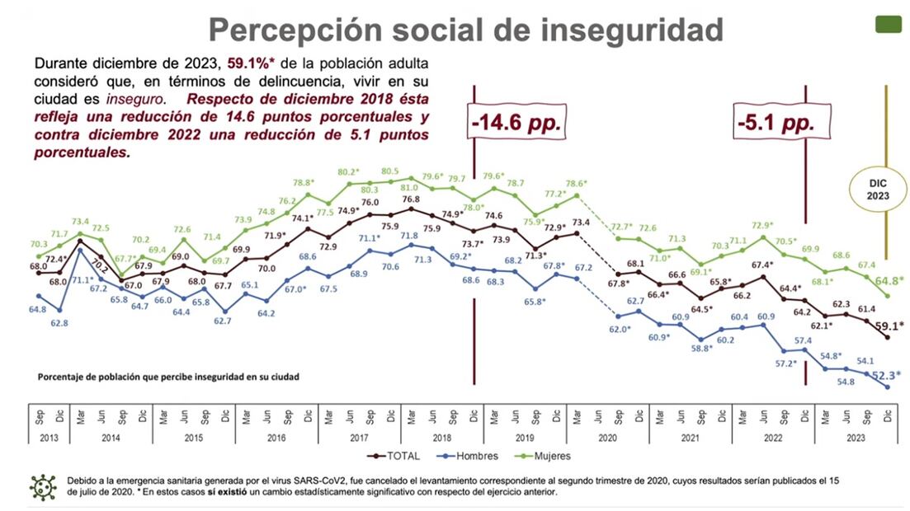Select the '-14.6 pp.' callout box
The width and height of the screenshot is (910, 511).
pyautogui.click(x=516, y=124)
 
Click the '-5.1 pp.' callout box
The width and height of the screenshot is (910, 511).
pyautogui.click(x=776, y=124)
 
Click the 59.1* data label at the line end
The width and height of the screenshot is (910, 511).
pyautogui.click(x=888, y=326)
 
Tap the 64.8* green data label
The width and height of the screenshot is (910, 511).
pyautogui.click(x=888, y=280)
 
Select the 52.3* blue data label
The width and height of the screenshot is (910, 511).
pyautogui.click(x=888, y=374)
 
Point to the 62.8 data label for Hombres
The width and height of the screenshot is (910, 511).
pyautogui.click(x=59, y=323)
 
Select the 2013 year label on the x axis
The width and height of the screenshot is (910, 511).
pyautogui.click(x=49, y=438)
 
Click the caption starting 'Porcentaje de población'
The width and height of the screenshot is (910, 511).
pyautogui.click(x=167, y=377)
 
